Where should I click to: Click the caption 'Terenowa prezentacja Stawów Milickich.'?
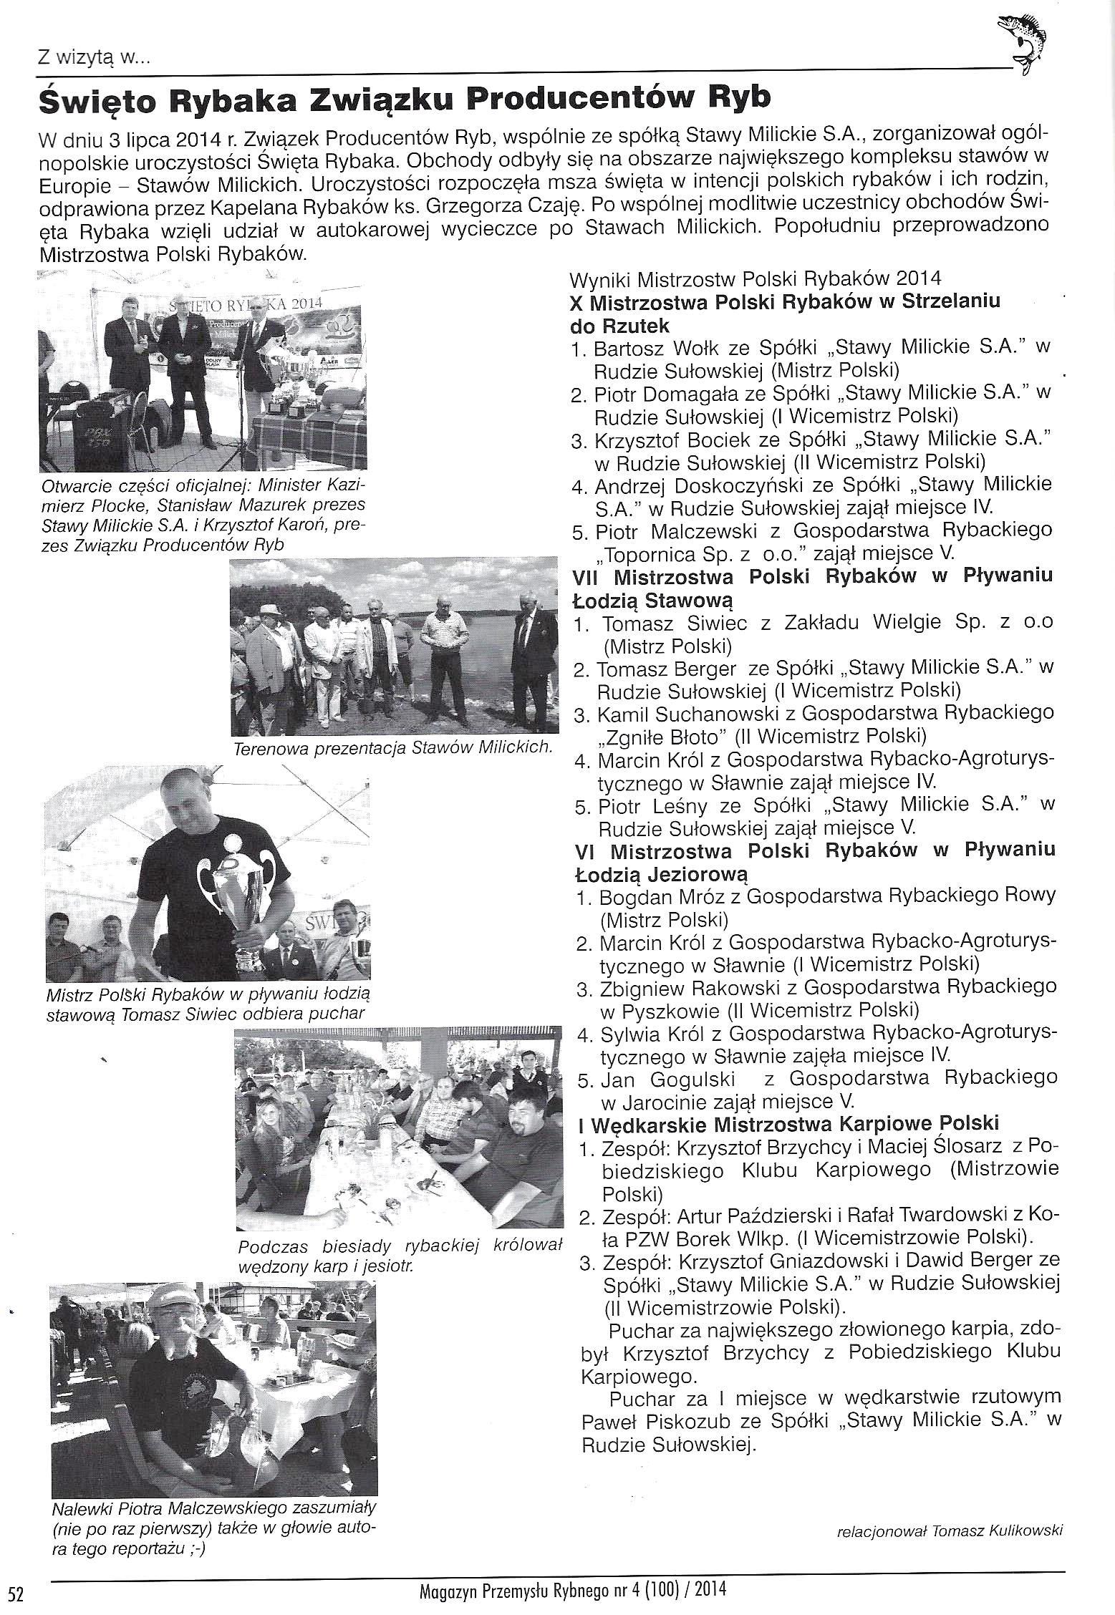coord(393,748)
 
